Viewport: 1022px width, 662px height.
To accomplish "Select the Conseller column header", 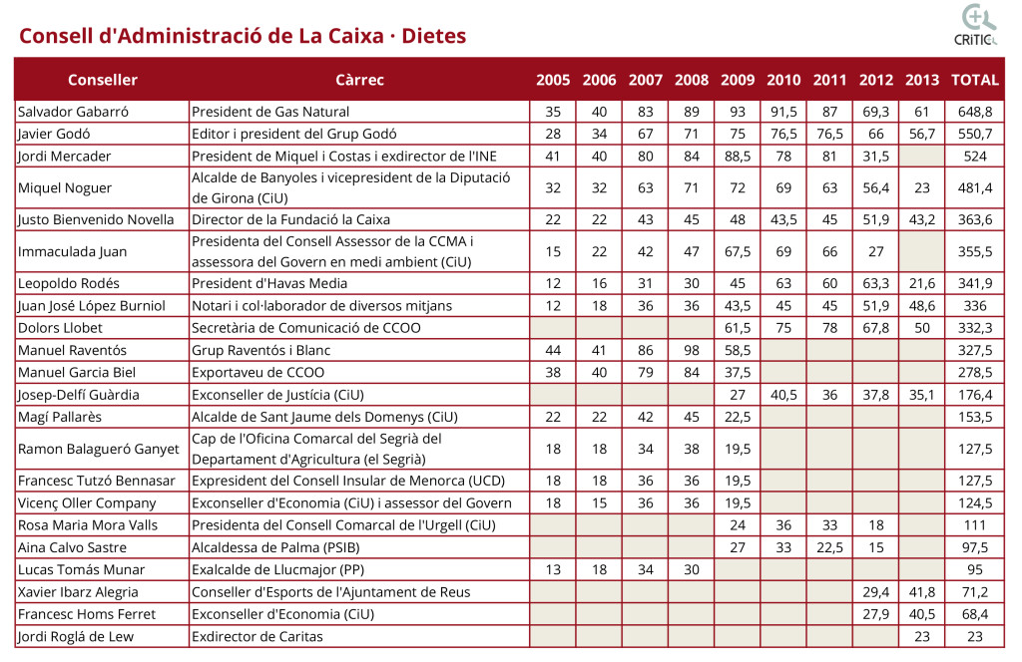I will click(x=103, y=80).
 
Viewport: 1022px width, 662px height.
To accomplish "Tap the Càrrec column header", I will click(x=359, y=80).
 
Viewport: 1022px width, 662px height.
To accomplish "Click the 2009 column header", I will click(x=738, y=80).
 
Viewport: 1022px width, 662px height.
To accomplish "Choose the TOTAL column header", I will click(x=975, y=80).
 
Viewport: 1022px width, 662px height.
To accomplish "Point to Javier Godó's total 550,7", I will click(x=975, y=134).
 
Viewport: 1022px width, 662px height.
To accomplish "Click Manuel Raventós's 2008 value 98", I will click(x=692, y=350).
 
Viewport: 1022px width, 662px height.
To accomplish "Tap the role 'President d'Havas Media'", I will click(x=269, y=283).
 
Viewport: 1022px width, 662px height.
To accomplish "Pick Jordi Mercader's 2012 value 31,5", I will click(x=876, y=156).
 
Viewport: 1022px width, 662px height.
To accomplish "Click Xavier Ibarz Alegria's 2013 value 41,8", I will click(x=922, y=592).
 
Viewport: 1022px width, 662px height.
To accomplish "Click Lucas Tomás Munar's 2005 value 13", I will click(x=553, y=569).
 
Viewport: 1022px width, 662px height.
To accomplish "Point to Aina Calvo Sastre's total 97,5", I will click(x=975, y=547).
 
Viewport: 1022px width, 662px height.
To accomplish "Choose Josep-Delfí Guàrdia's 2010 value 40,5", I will click(x=784, y=395).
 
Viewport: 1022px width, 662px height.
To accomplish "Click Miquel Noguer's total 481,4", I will click(x=975, y=187).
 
